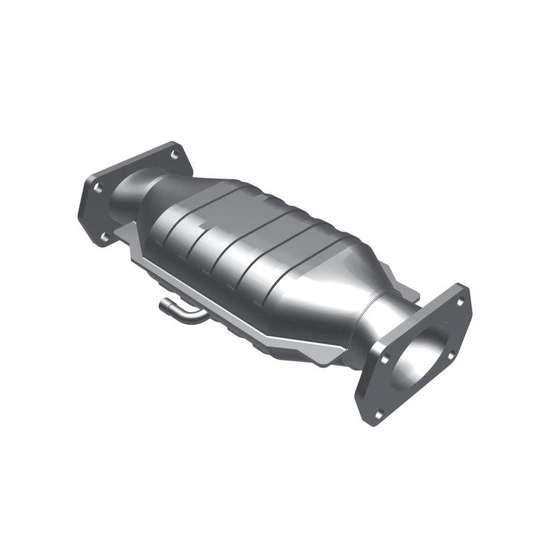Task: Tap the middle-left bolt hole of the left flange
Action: coord(97,188)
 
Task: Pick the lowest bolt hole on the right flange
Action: coord(379,414)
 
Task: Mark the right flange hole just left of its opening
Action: coord(384,360)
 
